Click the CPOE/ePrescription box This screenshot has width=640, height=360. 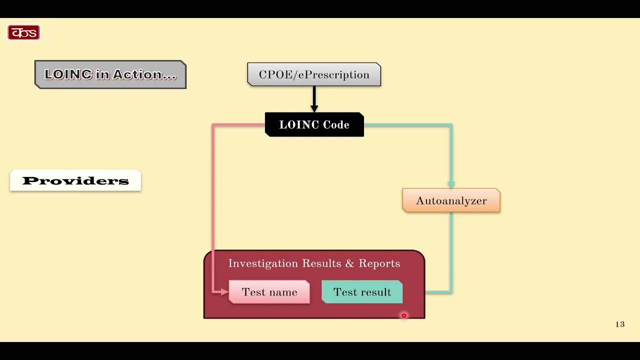point(314,74)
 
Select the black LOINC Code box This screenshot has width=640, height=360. point(314,124)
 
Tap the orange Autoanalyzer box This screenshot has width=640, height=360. point(451,200)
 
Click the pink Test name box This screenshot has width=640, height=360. point(269,292)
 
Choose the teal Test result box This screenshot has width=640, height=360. point(362,292)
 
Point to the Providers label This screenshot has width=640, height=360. point(75,181)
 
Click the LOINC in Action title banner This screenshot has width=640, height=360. point(110,74)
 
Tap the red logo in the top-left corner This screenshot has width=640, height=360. point(23,33)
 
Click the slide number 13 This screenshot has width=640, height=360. point(620,324)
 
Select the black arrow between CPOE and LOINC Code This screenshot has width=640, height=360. point(314,99)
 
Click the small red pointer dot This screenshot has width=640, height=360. point(404,315)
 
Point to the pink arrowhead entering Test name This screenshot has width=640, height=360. point(224,292)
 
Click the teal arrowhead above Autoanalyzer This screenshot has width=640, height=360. point(451,184)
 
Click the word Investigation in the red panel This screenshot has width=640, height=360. point(256,263)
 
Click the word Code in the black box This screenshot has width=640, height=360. point(336,124)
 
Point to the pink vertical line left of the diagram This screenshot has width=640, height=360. point(213,200)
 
